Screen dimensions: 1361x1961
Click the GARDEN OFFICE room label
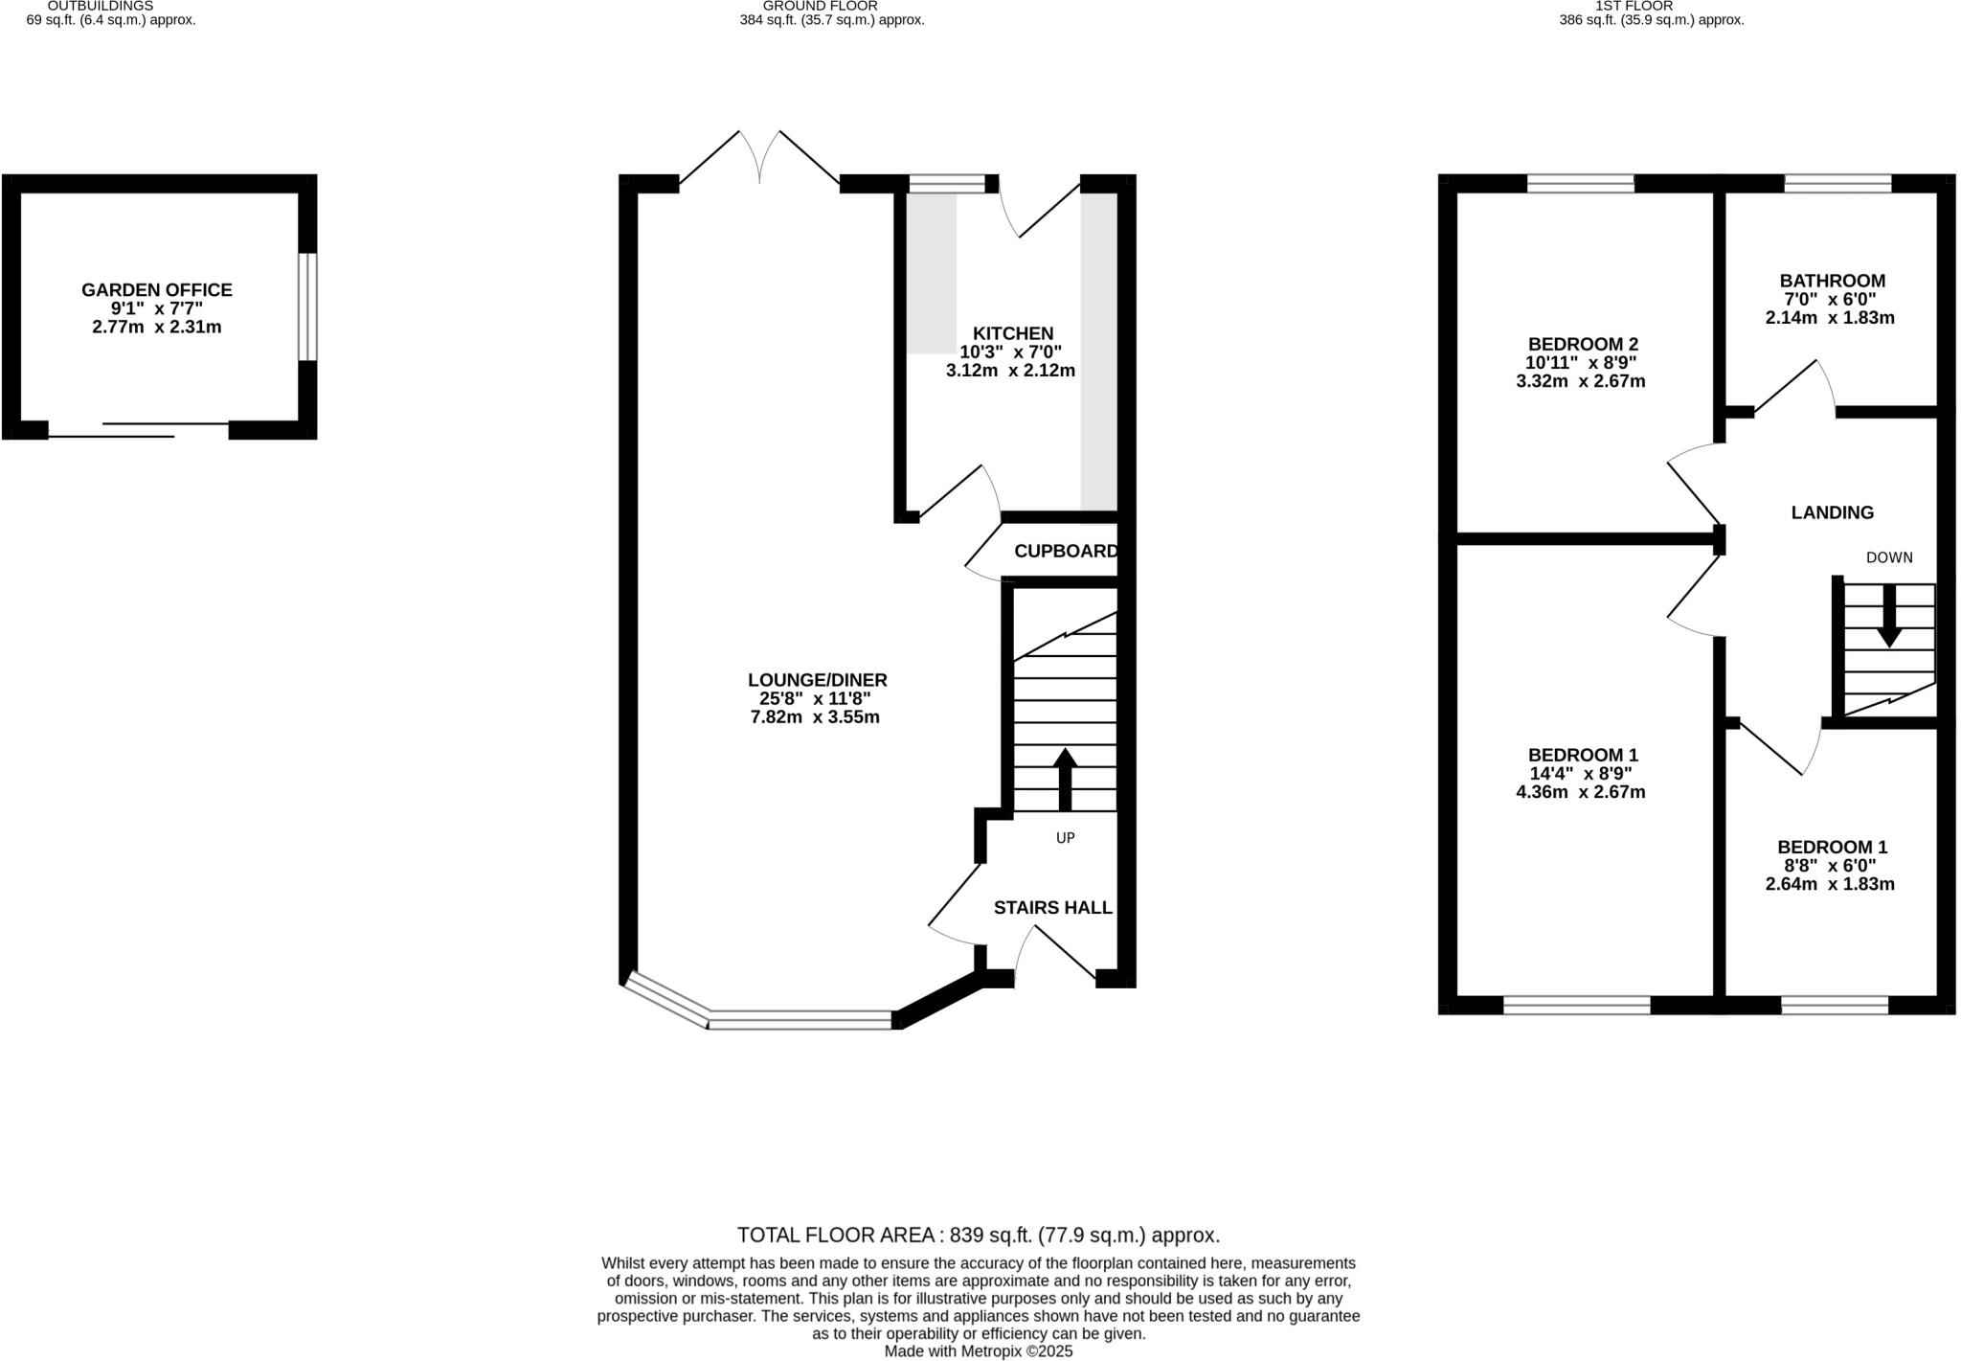[156, 289]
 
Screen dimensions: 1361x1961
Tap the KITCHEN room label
[1013, 333]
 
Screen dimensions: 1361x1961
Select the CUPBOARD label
[1065, 551]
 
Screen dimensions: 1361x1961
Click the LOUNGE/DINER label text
[817, 680]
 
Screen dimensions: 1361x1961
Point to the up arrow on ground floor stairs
[1065, 778]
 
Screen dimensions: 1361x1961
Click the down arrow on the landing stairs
[1889, 616]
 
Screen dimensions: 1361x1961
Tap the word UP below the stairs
[1065, 838]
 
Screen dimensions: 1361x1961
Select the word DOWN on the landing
[1888, 557]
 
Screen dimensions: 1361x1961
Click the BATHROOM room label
[1832, 281]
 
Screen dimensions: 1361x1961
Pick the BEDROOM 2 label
[1583, 344]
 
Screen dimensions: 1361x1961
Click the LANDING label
[1832, 512]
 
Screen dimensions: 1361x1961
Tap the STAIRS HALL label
[1052, 907]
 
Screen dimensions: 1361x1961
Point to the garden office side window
[306, 306]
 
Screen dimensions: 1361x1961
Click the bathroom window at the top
[1837, 183]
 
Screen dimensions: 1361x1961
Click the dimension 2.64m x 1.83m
[1829, 884]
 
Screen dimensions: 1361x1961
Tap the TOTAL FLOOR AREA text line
[978, 1235]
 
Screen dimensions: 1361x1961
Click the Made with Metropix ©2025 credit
[978, 1351]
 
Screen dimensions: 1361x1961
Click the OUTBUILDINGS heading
[100, 6]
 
